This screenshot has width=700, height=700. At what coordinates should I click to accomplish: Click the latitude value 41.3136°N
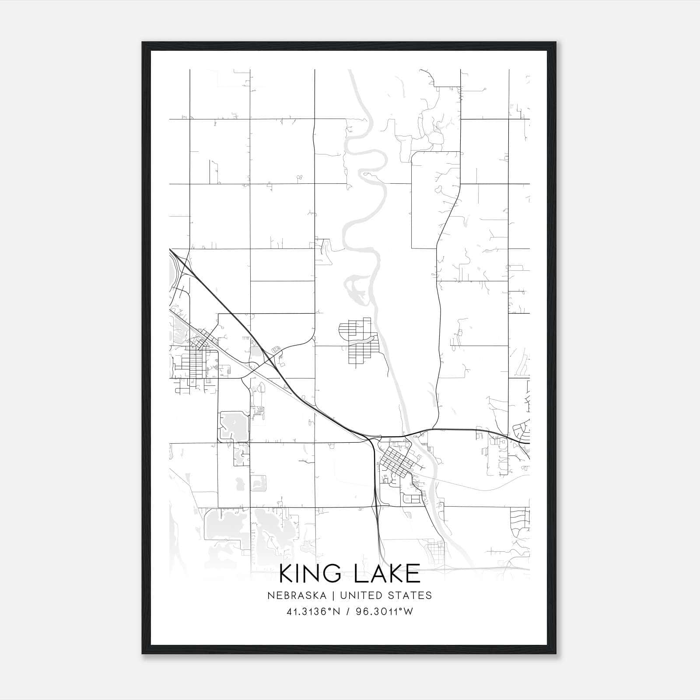click(313, 612)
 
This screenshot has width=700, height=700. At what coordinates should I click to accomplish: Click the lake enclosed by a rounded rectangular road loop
click(233, 425)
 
